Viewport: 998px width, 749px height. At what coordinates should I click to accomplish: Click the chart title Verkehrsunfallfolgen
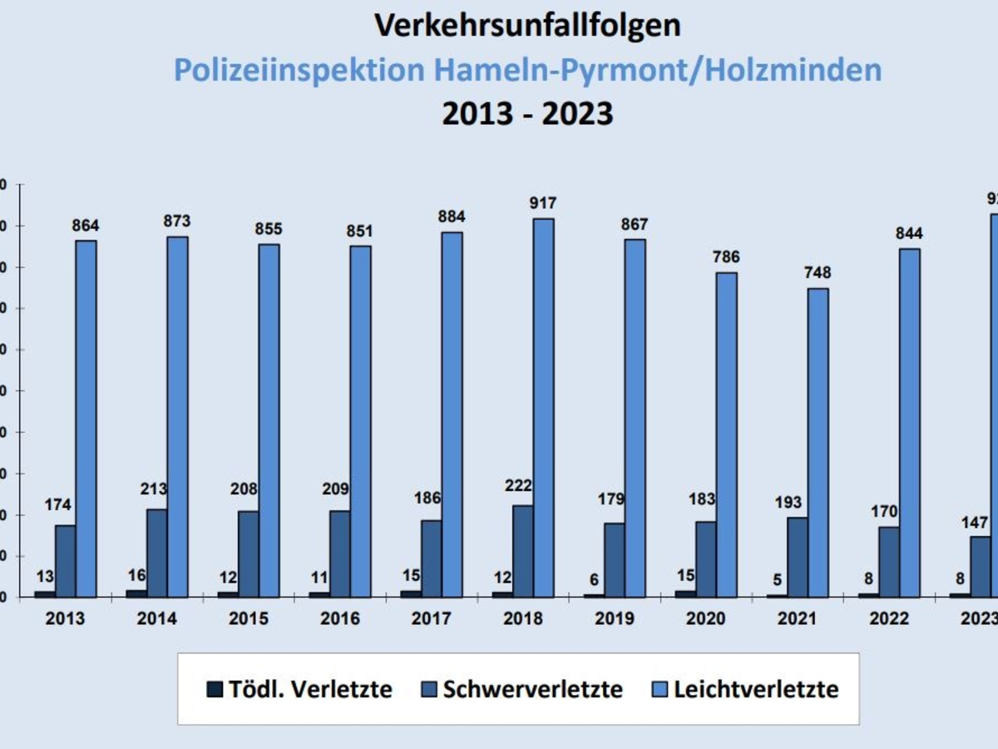pyautogui.click(x=527, y=26)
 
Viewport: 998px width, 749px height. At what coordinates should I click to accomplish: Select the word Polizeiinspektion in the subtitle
pyautogui.click(x=299, y=70)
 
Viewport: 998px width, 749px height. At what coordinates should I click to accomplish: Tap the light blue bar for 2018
pyautogui.click(x=543, y=408)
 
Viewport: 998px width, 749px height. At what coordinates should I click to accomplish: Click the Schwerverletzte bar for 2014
pyautogui.click(x=157, y=553)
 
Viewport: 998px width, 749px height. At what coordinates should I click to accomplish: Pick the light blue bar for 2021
pyautogui.click(x=818, y=443)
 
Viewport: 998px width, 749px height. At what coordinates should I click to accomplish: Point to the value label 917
pyautogui.click(x=542, y=203)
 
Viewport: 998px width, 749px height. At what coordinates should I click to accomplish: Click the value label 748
pyautogui.click(x=817, y=273)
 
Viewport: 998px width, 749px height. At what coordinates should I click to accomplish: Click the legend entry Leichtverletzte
pyautogui.click(x=755, y=690)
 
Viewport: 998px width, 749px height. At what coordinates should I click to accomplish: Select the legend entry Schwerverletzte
pyautogui.click(x=532, y=690)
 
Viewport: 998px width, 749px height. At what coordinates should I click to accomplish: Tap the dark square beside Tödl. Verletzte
pyautogui.click(x=215, y=690)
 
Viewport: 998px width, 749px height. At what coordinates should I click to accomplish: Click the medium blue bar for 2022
pyautogui.click(x=889, y=562)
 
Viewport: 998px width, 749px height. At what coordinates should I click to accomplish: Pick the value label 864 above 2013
pyautogui.click(x=85, y=226)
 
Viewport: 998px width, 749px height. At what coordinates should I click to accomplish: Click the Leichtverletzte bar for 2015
pyautogui.click(x=269, y=420)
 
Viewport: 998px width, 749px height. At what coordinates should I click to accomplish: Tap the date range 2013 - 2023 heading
pyautogui.click(x=527, y=113)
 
